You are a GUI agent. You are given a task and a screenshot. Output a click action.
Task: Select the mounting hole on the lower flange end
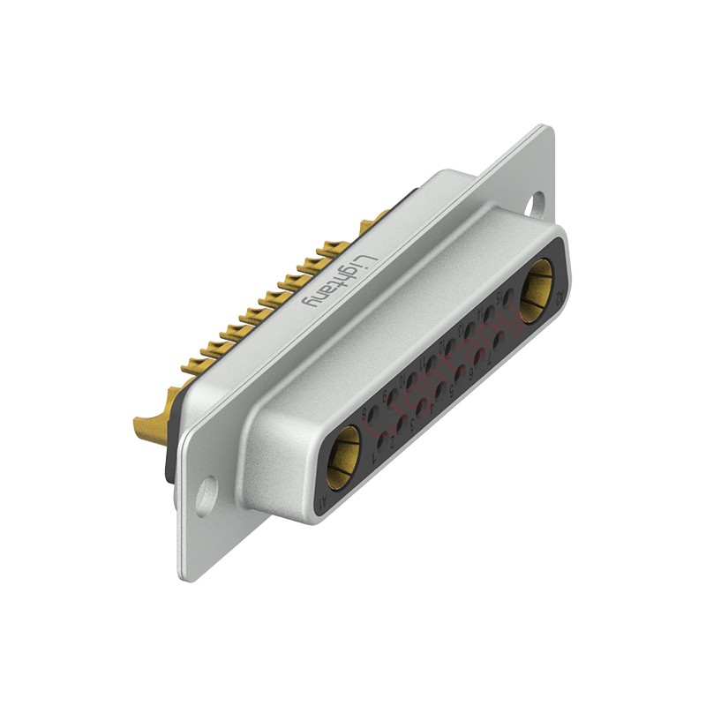[206, 496]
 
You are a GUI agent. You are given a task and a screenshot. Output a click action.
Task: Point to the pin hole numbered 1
[381, 439]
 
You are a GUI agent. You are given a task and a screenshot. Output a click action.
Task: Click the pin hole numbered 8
[374, 412]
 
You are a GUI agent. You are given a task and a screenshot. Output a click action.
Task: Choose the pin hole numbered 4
[440, 389]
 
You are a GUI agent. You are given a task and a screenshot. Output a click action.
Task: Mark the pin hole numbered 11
[432, 363]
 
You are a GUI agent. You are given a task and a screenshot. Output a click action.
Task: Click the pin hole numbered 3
[421, 406]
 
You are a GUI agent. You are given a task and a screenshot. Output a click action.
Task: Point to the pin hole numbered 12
[451, 346]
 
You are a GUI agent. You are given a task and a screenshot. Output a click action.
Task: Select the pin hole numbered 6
[479, 355]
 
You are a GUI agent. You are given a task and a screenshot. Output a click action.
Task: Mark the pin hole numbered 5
[460, 372]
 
